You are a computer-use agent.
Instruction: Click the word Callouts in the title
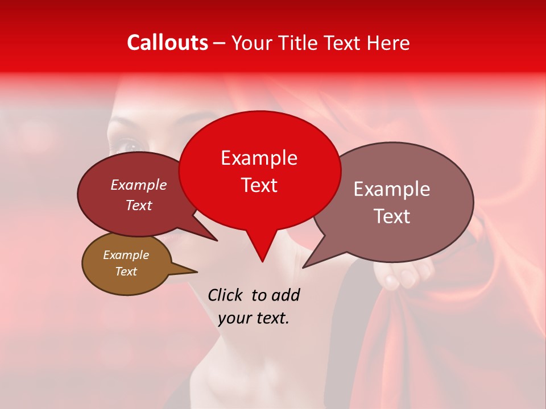167,43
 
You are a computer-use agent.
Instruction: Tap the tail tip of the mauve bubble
304,266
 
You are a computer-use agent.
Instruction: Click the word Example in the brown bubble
126,255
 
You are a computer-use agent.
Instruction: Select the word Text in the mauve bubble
392,216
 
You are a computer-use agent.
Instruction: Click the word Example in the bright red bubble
259,158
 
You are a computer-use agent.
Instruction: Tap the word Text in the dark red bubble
139,205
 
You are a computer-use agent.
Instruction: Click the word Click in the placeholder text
226,295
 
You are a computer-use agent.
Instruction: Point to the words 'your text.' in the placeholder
254,319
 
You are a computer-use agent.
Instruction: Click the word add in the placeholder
286,295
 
